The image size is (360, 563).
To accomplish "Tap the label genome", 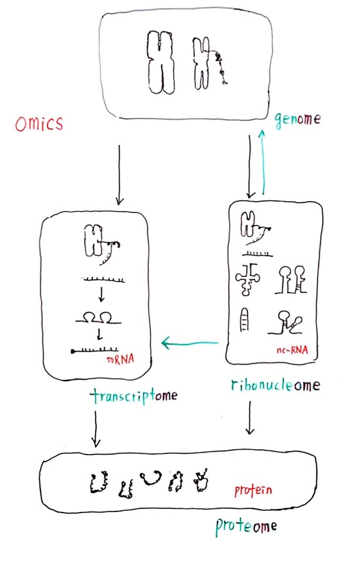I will point(298,120).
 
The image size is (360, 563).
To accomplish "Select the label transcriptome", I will point(133,396).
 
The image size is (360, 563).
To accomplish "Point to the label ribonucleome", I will point(275,385).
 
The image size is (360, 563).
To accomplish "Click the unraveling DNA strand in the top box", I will point(220,66).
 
